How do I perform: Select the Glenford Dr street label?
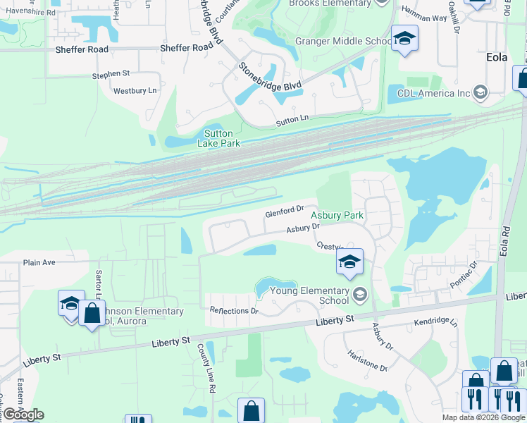click(x=284, y=211)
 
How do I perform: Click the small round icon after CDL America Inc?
click(x=480, y=92)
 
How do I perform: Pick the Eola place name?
click(x=497, y=57)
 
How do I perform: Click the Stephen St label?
click(x=111, y=73)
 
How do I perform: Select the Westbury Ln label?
click(x=135, y=91)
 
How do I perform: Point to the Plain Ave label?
click(x=39, y=262)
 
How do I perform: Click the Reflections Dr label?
click(x=234, y=310)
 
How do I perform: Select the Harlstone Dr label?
click(x=366, y=362)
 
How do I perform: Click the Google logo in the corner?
click(x=23, y=415)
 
